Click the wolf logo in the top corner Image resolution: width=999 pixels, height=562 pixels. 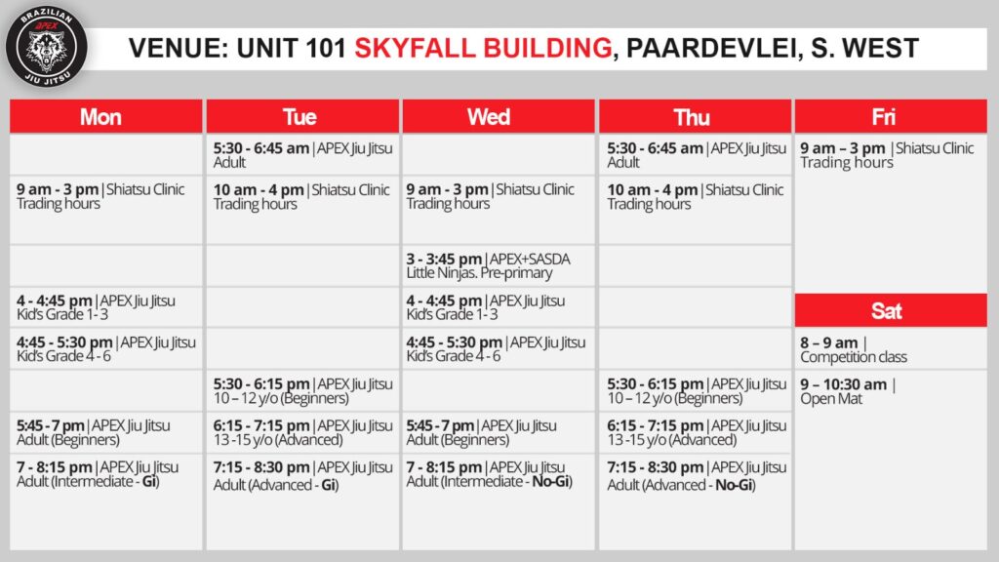point(47,46)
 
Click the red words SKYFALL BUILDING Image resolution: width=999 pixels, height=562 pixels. point(483,49)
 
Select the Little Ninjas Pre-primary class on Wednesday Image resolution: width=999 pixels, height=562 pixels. point(489,265)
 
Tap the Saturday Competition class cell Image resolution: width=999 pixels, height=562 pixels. point(854,349)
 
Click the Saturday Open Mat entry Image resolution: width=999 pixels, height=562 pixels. point(848,391)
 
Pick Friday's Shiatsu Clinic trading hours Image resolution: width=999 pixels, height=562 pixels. point(887,155)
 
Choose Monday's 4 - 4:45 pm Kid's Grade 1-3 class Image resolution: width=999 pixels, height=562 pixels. point(96,307)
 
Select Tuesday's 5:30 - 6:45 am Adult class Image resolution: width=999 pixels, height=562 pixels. point(302,155)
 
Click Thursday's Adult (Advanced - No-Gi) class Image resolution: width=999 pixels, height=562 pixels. point(697,476)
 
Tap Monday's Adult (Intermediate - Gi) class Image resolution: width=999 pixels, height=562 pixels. point(98,474)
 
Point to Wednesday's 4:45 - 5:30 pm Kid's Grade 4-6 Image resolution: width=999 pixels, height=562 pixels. point(496,349)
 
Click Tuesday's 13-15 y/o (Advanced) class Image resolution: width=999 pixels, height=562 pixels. point(302,432)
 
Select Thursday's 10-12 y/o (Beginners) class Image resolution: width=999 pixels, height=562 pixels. point(697,391)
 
